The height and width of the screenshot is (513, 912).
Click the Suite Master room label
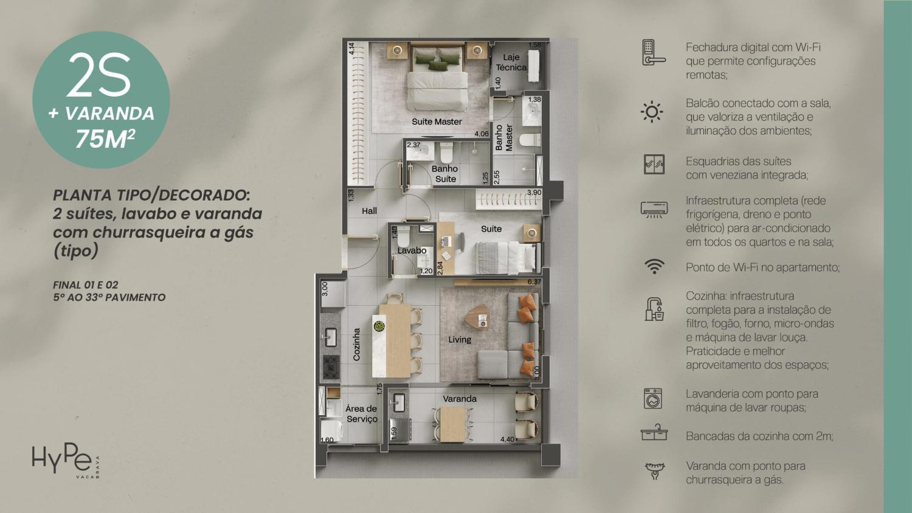click(437, 122)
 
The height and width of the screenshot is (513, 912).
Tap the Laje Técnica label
click(511, 62)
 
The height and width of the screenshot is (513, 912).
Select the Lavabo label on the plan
click(412, 250)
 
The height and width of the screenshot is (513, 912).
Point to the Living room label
click(460, 339)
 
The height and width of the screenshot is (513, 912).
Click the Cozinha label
click(357, 345)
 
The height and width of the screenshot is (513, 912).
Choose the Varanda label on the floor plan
click(460, 399)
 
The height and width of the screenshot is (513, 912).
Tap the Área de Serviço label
click(362, 414)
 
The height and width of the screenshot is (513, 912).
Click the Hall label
click(369, 211)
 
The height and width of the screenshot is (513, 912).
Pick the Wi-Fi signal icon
click(654, 267)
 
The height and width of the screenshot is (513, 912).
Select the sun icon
click(652, 112)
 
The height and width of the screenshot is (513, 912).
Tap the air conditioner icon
click(654, 210)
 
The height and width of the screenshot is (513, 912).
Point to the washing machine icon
click(653, 399)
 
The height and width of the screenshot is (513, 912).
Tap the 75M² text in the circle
click(105, 139)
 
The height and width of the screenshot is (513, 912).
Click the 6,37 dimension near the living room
click(534, 282)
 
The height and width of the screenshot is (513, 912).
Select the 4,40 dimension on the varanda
click(507, 439)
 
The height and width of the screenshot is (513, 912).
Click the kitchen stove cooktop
click(331, 366)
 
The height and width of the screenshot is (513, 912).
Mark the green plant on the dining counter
click(379, 326)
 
